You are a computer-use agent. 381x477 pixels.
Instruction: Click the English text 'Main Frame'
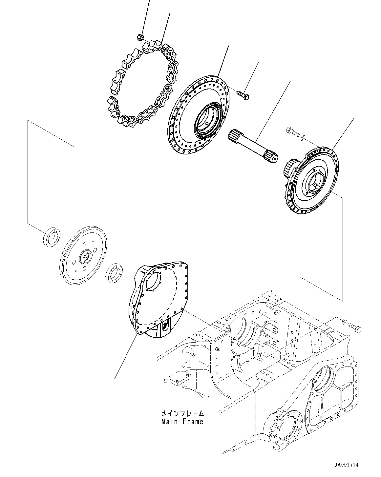pyautogui.click(x=182, y=422)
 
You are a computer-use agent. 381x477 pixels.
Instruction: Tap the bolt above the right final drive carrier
pyautogui.click(x=292, y=132)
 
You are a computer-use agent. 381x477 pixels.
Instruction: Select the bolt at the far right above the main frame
pyautogui.click(x=354, y=327)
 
